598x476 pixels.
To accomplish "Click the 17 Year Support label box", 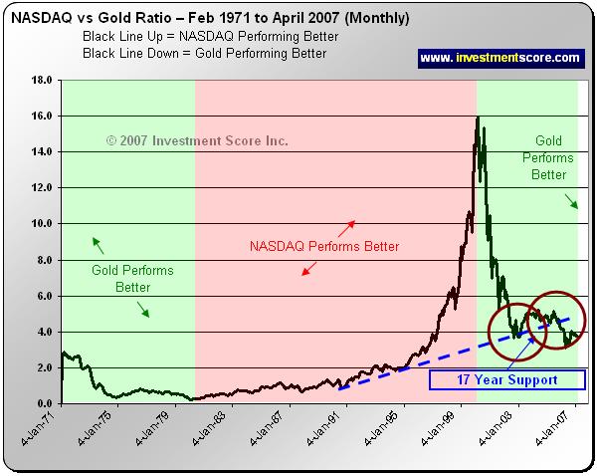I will click(507, 379).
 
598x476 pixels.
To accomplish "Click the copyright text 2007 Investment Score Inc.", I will click(197, 141).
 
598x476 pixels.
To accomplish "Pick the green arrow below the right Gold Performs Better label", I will click(574, 202).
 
